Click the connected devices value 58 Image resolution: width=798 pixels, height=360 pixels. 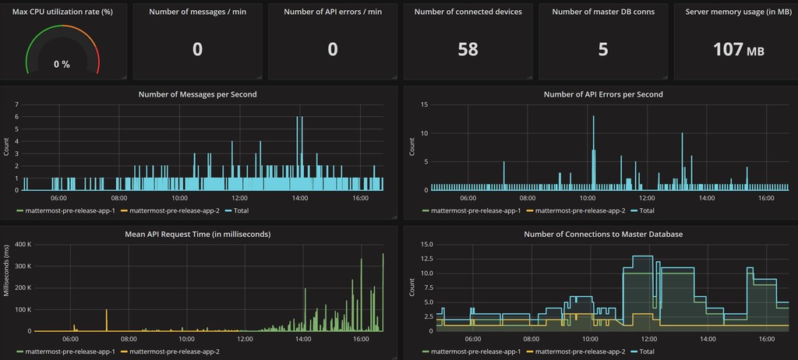click(x=468, y=49)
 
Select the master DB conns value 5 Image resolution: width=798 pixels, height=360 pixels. click(x=602, y=49)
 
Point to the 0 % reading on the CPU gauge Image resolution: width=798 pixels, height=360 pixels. click(x=62, y=65)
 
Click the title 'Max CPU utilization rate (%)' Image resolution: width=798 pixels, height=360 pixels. click(x=62, y=12)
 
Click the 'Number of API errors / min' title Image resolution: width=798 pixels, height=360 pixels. click(x=333, y=12)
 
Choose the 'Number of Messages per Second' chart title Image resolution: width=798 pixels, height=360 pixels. click(x=197, y=94)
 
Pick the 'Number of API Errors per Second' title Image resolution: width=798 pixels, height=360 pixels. click(x=602, y=94)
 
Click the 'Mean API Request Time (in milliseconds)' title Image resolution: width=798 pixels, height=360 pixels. click(x=197, y=233)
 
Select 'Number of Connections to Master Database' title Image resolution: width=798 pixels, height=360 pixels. click(x=602, y=233)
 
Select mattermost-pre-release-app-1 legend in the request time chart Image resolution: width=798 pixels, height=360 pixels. click(x=70, y=351)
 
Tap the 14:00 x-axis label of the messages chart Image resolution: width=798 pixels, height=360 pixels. click(x=300, y=198)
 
